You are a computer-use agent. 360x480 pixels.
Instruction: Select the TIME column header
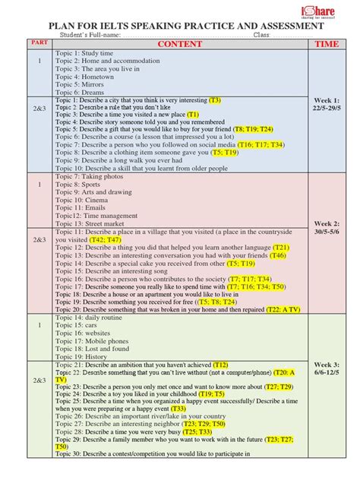pyautogui.click(x=327, y=44)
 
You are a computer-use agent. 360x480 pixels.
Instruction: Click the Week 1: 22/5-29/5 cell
pyautogui.click(x=327, y=105)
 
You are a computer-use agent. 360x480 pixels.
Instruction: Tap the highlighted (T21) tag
pyautogui.click(x=280, y=248)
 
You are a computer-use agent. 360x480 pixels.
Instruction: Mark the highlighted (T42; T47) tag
pyautogui.click(x=106, y=239)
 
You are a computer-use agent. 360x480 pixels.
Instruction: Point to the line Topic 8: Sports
pyautogui.click(x=77, y=184)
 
